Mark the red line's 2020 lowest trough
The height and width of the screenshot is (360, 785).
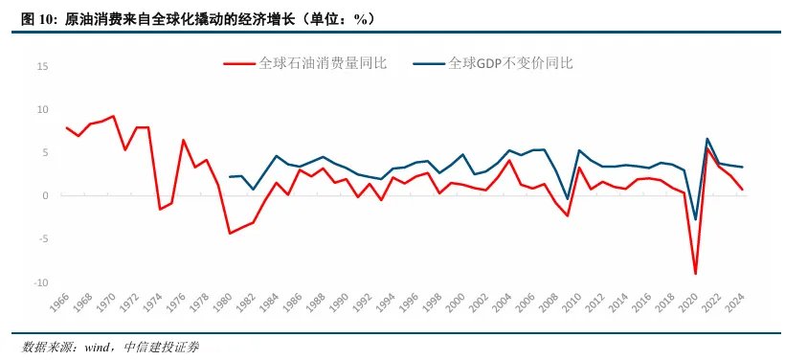click(x=695, y=274)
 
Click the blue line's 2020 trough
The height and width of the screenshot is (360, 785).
click(x=695, y=220)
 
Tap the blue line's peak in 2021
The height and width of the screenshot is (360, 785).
click(x=706, y=139)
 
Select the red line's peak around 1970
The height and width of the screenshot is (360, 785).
click(x=113, y=116)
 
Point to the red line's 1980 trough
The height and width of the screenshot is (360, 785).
click(x=230, y=233)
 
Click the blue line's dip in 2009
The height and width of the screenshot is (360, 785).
click(x=568, y=198)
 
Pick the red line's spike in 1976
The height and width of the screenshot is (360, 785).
click(x=183, y=140)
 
